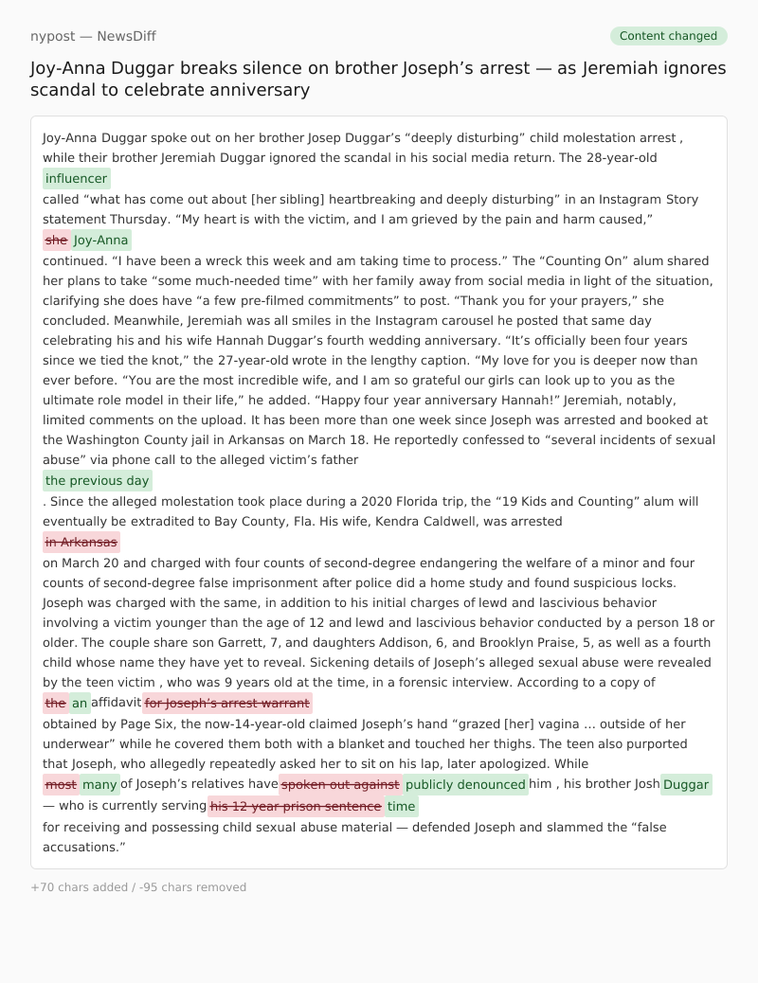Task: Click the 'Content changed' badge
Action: [x=668, y=36]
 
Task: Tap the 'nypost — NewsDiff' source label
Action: [x=93, y=36]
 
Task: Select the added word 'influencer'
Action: [x=77, y=178]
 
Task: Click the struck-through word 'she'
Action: [x=57, y=240]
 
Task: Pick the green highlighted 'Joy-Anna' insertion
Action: [x=101, y=240]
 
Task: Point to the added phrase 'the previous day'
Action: [x=98, y=480]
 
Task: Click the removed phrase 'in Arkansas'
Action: [x=81, y=542]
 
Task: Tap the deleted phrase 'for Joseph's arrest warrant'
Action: [x=227, y=703]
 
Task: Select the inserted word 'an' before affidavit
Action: [x=81, y=703]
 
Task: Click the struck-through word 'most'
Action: [x=61, y=784]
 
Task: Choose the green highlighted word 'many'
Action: [x=99, y=784]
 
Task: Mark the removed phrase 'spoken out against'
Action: [x=340, y=784]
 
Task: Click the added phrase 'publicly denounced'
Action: [x=465, y=784]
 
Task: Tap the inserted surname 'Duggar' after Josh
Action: [x=686, y=784]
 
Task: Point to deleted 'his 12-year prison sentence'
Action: [x=296, y=806]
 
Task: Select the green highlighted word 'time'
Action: [x=402, y=806]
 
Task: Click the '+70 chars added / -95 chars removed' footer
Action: [x=138, y=887]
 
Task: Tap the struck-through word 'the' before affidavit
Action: [x=56, y=703]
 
